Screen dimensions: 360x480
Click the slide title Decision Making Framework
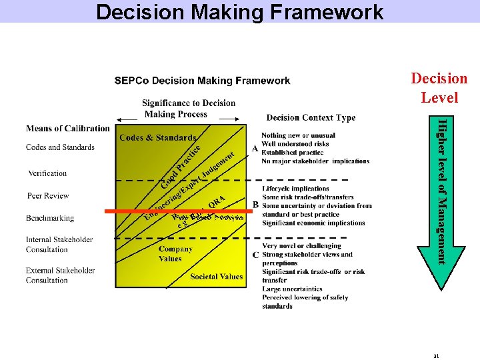239,12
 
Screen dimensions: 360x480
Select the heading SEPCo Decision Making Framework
202,81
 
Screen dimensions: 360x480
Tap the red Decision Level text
439,88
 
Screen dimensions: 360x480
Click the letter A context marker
255,149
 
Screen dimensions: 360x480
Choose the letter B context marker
255,205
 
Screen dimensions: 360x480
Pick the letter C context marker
255,255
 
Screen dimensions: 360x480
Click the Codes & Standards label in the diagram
158,138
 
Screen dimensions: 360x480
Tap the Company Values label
175,254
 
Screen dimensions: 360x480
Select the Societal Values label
217,277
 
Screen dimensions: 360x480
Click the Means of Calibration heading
68,129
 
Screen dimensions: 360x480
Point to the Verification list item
47,173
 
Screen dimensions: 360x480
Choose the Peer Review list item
48,196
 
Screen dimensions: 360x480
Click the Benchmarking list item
50,218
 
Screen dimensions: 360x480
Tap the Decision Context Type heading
311,118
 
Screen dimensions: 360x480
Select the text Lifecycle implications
295,189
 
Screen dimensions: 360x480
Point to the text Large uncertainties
292,289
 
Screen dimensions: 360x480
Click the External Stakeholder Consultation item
60,275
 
